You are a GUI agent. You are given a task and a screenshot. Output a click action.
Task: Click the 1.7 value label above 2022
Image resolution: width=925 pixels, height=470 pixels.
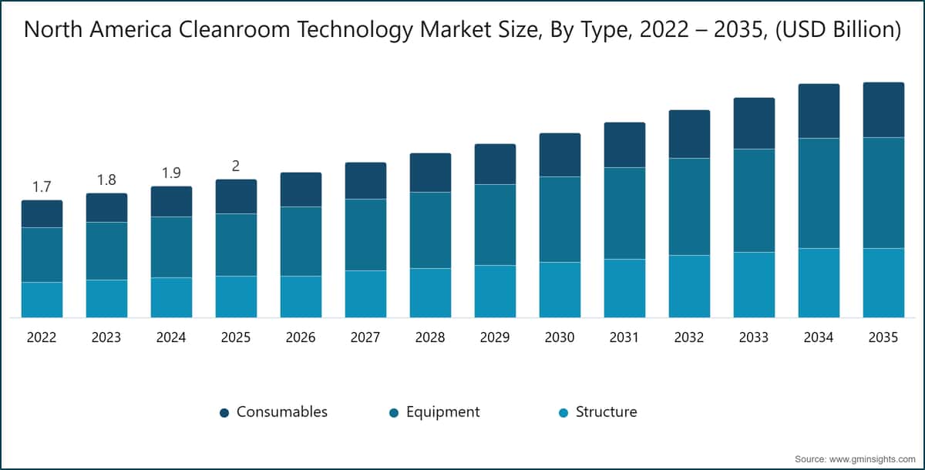tap(42, 186)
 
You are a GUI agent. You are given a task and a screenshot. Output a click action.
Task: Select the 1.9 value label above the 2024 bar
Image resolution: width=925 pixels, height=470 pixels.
tap(171, 173)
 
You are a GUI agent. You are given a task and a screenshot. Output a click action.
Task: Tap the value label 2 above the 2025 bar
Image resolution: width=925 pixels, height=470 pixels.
tap(236, 166)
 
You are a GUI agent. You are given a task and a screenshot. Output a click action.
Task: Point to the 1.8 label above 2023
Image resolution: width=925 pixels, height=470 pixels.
tap(106, 180)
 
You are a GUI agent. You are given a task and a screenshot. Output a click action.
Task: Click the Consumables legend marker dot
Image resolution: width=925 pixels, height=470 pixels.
tap(224, 413)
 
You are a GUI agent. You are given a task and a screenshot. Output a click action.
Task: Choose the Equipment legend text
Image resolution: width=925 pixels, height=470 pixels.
tap(442, 412)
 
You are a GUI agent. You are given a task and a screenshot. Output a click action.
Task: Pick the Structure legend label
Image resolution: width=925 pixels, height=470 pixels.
tap(606, 412)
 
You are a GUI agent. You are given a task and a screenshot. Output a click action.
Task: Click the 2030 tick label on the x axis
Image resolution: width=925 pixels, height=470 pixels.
tap(560, 338)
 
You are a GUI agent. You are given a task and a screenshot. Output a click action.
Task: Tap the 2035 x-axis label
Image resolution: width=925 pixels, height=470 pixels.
tap(883, 338)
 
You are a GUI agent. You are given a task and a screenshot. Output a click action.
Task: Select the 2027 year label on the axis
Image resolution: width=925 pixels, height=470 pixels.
tap(365, 338)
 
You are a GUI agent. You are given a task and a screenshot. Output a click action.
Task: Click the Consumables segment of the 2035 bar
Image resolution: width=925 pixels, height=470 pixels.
tap(883, 109)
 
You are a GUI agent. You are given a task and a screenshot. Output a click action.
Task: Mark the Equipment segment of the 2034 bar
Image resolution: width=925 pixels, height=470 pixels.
tap(819, 193)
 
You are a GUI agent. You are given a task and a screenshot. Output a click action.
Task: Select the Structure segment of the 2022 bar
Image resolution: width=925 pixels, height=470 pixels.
tap(42, 300)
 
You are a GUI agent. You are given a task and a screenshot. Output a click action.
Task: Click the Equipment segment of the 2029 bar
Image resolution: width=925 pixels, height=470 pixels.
tap(495, 224)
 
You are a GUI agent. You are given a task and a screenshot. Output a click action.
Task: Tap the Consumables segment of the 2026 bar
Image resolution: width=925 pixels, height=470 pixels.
tap(301, 190)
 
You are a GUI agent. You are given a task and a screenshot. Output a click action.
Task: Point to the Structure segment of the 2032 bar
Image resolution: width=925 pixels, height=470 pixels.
tap(689, 286)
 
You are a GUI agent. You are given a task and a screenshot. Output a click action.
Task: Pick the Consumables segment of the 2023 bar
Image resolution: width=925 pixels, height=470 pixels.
tap(106, 207)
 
